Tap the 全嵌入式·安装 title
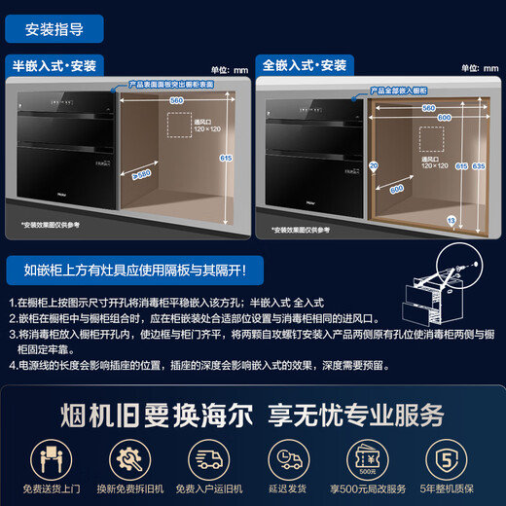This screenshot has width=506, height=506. pos(304,65)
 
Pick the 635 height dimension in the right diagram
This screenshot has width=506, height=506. pos(478,166)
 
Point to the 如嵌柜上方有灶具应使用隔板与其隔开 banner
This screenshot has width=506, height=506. pos(128,268)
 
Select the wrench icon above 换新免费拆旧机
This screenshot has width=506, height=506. pos(126,455)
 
